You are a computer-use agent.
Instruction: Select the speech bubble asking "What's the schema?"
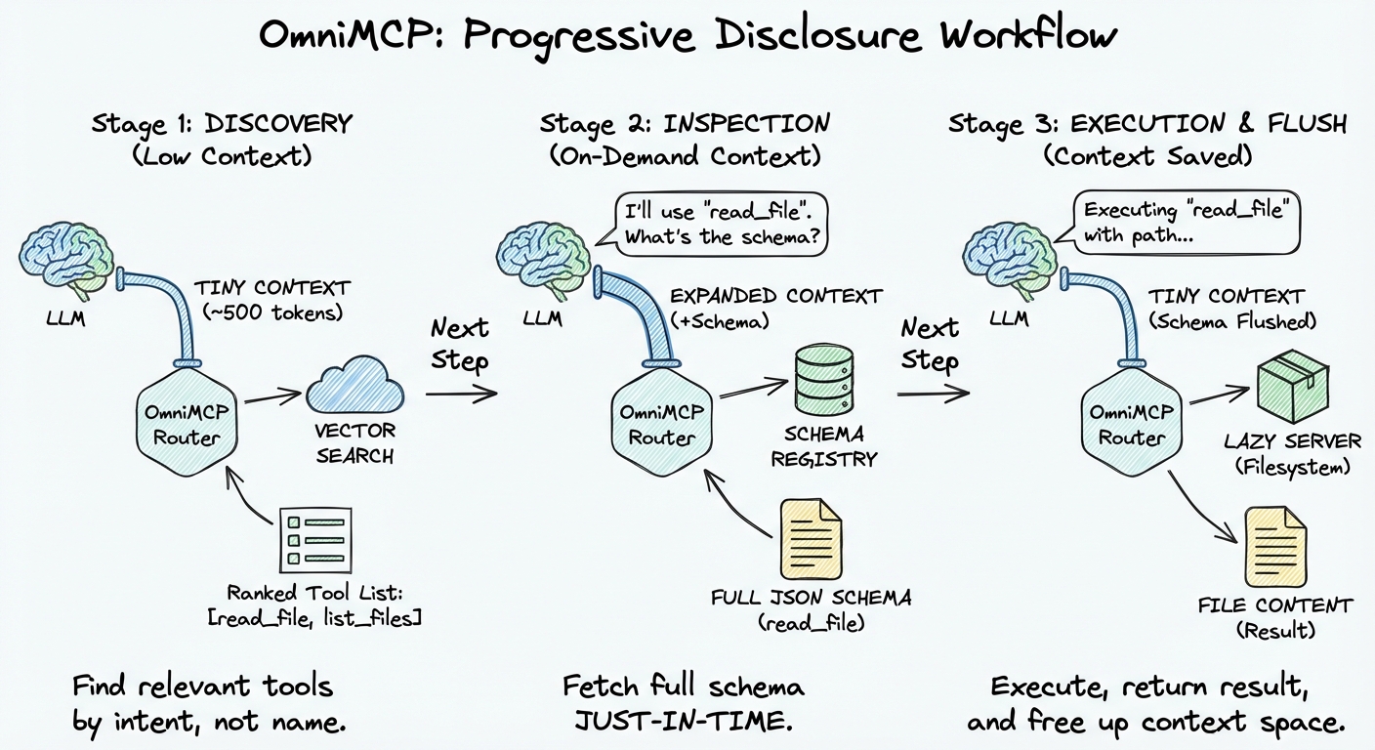[x=714, y=223]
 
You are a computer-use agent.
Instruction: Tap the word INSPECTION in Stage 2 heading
[x=748, y=124]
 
